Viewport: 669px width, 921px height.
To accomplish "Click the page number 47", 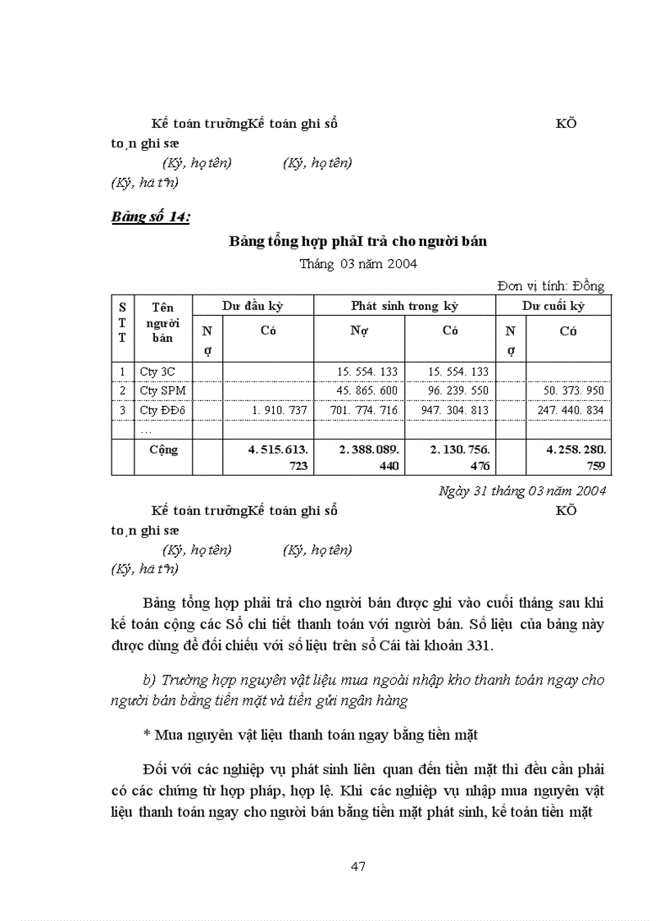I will (x=357, y=866).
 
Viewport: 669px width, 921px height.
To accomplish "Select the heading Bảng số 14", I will (x=151, y=217).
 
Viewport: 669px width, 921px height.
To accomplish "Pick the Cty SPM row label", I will (x=162, y=390).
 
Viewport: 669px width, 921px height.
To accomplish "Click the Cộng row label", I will (x=163, y=450).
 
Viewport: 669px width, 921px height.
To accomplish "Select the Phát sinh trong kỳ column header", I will (x=404, y=306).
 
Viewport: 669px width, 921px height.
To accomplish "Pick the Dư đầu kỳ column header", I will (x=253, y=306).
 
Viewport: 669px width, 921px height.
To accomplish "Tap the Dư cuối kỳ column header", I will (x=553, y=306).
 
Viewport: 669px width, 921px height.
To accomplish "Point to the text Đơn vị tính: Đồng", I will (x=550, y=285).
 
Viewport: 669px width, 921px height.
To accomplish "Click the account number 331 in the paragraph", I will (x=478, y=645).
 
